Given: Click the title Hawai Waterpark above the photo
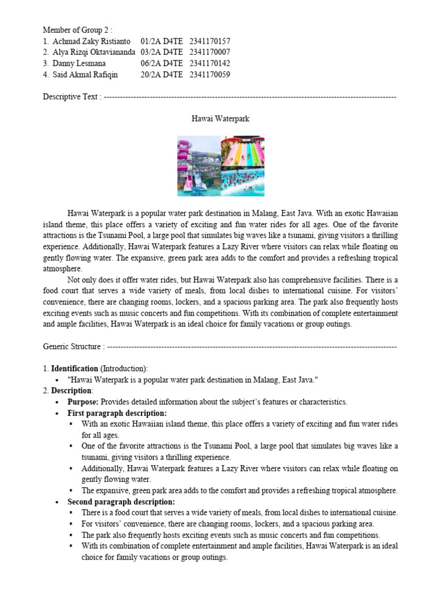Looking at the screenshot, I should point(220,118).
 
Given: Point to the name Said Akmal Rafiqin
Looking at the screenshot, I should point(86,74).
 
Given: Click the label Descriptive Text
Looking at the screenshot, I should point(70,97).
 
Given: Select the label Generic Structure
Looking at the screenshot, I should point(72,347).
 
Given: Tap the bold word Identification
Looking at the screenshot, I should point(75,368).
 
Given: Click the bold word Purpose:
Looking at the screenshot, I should point(83,401).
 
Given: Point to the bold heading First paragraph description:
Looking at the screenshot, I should point(117,413).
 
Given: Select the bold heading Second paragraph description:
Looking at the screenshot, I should point(121,502).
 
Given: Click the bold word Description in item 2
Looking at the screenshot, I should point(71,391).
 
